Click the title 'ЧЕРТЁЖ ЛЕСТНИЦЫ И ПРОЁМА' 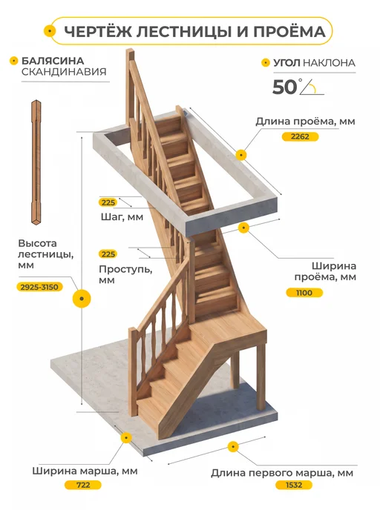(194, 32)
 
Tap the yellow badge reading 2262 (300, 136)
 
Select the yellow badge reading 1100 (304, 293)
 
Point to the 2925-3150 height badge (39, 287)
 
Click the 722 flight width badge (83, 485)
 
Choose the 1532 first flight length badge (294, 485)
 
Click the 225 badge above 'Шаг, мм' (108, 202)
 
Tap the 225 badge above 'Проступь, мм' (108, 254)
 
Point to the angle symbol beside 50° (312, 87)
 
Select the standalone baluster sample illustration (36, 162)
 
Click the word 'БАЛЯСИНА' (53, 61)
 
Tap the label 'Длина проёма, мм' (305, 122)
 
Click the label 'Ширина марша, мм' (85, 471)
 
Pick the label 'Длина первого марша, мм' (282, 473)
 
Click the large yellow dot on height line (82, 299)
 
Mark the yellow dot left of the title (50, 31)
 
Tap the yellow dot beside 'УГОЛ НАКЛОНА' (266, 62)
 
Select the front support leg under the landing (261, 377)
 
